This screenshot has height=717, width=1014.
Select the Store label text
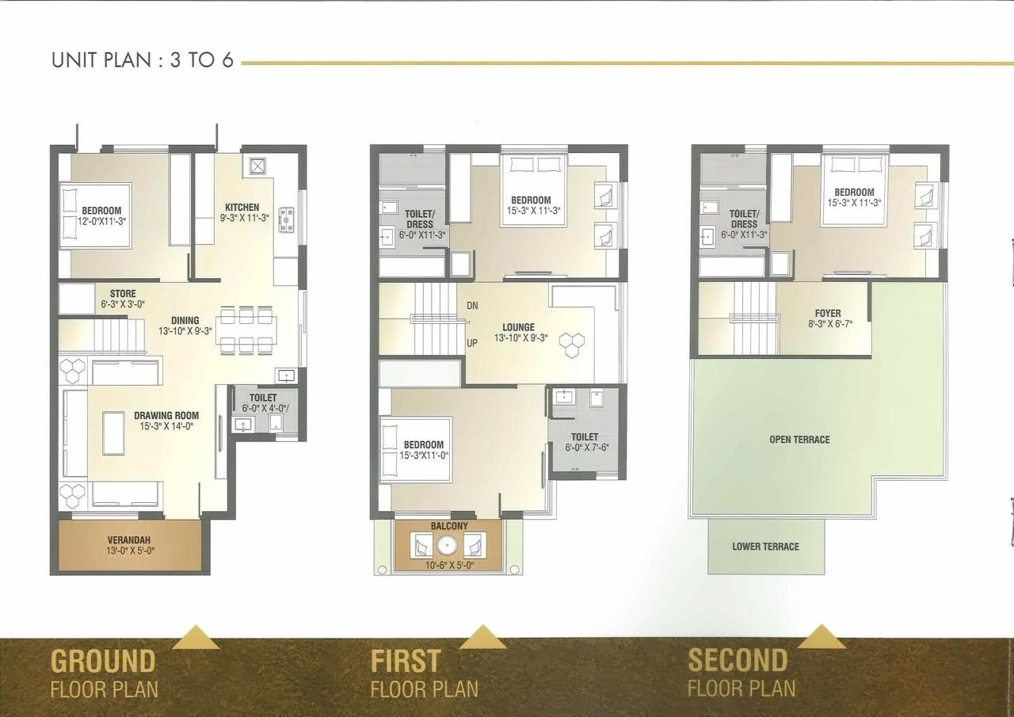pyautogui.click(x=122, y=294)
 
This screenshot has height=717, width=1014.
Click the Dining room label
pyautogui.click(x=185, y=321)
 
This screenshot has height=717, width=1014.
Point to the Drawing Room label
pyautogui.click(x=166, y=415)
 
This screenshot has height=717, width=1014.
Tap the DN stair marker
pyautogui.click(x=472, y=306)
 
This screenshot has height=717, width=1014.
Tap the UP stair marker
pyautogui.click(x=472, y=343)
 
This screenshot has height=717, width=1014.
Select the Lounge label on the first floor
pyautogui.click(x=518, y=327)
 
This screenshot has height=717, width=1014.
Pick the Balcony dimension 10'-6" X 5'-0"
pyautogui.click(x=449, y=565)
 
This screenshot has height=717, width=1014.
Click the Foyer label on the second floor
pyautogui.click(x=828, y=314)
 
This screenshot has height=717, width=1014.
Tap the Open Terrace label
pyautogui.click(x=799, y=440)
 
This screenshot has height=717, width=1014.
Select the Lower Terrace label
pyautogui.click(x=765, y=547)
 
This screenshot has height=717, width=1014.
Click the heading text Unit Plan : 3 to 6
pyautogui.click(x=143, y=60)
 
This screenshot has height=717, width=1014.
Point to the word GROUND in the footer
pyautogui.click(x=103, y=661)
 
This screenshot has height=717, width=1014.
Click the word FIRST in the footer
pyautogui.click(x=406, y=661)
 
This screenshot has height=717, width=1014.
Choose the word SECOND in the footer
pyautogui.click(x=738, y=660)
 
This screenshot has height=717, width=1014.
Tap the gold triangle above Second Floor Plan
pyautogui.click(x=821, y=637)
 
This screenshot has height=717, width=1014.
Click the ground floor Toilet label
pyautogui.click(x=263, y=398)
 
